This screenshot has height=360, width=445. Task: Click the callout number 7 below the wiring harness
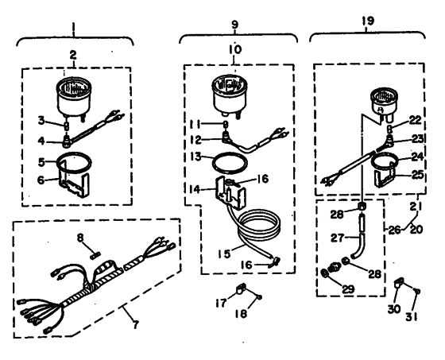click(136, 324)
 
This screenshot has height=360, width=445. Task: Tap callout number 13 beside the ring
click(195, 157)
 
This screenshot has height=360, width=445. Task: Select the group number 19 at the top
click(368, 21)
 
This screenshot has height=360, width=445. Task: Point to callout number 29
click(348, 289)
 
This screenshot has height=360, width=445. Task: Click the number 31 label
click(412, 316)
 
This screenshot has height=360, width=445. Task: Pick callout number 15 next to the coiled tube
click(225, 254)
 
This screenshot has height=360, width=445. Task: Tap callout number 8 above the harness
click(80, 238)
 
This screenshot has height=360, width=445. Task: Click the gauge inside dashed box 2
click(75, 96)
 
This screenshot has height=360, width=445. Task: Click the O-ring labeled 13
click(230, 162)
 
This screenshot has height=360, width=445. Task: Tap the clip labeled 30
click(399, 284)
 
